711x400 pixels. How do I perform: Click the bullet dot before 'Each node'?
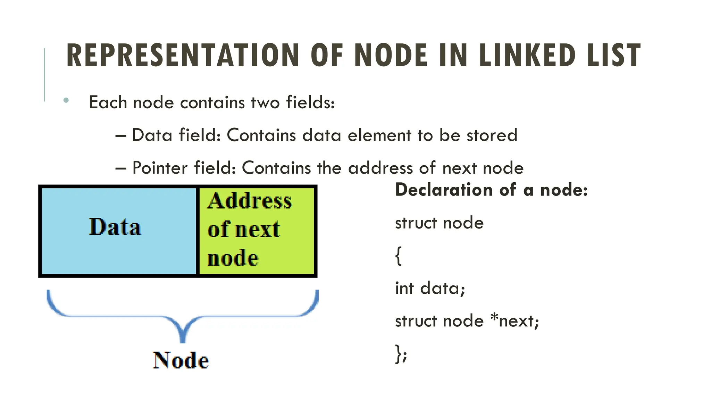coord(66,101)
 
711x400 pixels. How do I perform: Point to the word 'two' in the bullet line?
coord(265,102)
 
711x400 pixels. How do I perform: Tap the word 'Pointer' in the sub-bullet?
coord(160,168)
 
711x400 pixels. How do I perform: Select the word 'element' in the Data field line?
coord(379,135)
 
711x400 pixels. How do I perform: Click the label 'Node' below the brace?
coord(181,360)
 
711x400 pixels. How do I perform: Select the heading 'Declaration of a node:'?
coord(491,190)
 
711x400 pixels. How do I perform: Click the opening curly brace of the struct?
coord(399,256)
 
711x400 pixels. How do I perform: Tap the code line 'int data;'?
coord(430,288)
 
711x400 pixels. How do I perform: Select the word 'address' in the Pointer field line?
coord(380,168)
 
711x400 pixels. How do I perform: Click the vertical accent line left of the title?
coord(44,75)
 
